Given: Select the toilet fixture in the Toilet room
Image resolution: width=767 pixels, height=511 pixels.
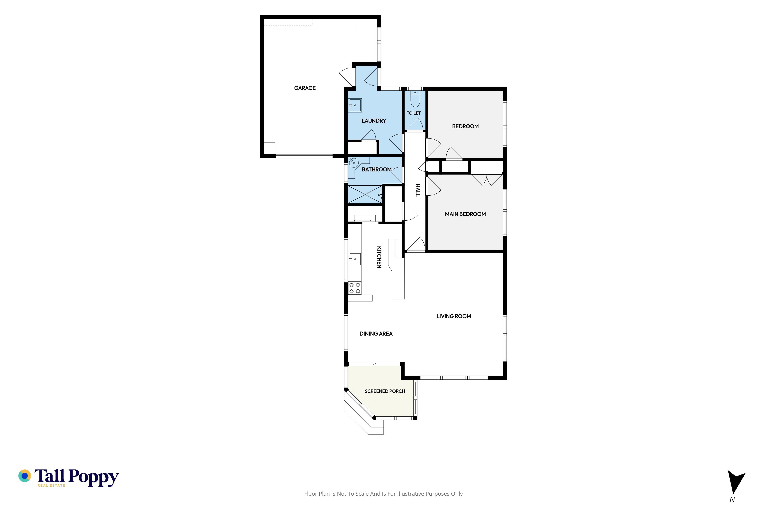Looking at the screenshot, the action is (x=415, y=99).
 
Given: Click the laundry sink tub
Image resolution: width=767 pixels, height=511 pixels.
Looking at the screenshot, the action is (x=355, y=105).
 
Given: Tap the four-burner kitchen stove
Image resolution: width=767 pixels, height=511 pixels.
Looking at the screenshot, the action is (x=355, y=288).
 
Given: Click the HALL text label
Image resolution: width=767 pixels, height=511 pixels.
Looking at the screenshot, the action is (x=417, y=190).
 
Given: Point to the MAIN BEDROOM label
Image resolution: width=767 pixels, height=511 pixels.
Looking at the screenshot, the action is (x=465, y=214).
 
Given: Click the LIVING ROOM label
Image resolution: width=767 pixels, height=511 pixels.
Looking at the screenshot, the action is (x=454, y=316).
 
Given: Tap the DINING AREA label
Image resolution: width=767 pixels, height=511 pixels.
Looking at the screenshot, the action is (x=376, y=334).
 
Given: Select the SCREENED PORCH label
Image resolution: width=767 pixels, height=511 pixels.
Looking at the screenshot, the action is (x=385, y=391).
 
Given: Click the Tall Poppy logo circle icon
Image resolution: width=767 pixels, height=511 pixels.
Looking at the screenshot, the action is (x=24, y=476).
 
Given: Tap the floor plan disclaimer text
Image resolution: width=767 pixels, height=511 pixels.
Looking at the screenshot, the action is (x=383, y=494).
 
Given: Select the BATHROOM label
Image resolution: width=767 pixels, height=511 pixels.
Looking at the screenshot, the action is (x=377, y=169).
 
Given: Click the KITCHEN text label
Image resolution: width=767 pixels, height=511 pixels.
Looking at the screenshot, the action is (x=379, y=257).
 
